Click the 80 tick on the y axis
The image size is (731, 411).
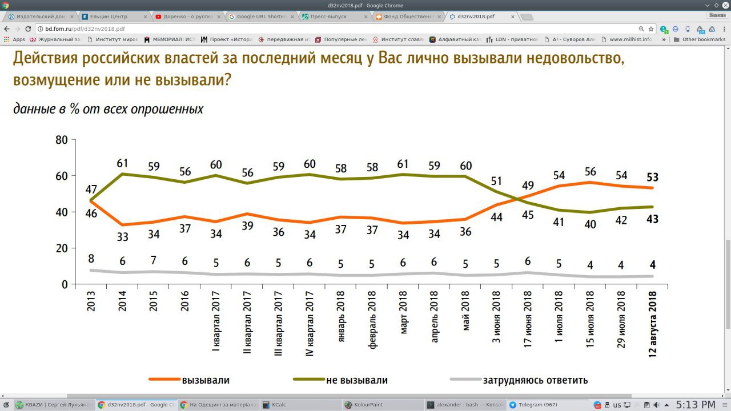(x=61, y=139)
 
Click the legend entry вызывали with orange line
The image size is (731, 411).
(x=205, y=380)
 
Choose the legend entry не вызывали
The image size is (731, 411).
(x=357, y=380)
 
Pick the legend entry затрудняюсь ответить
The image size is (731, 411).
(x=535, y=380)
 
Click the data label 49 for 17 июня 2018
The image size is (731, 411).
(x=528, y=184)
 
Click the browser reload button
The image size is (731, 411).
(x=28, y=29)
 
